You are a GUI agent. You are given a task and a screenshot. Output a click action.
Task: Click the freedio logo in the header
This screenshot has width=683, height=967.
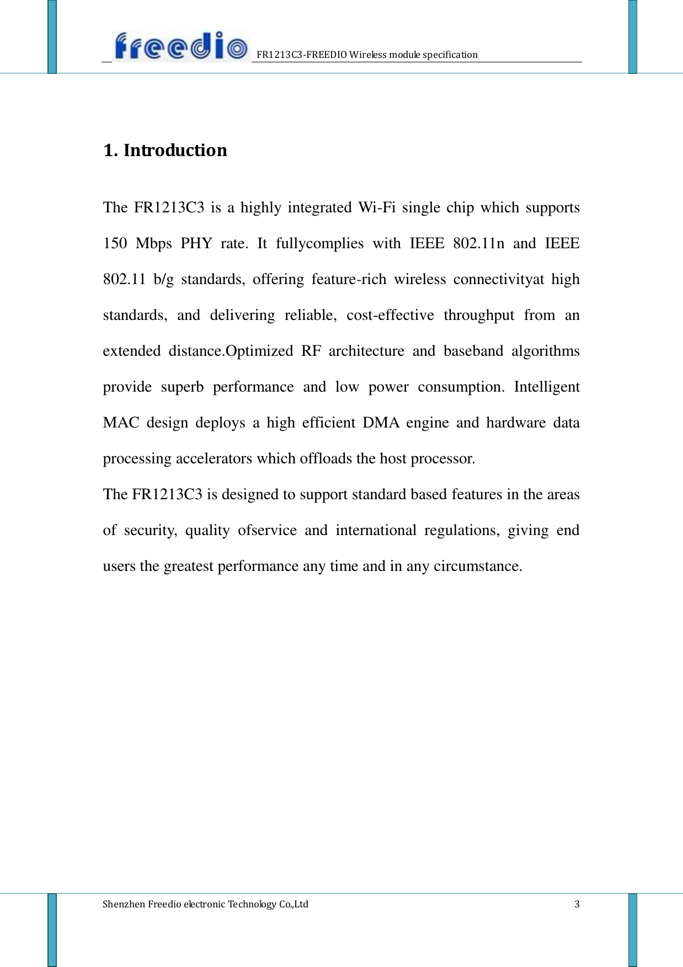point(181,46)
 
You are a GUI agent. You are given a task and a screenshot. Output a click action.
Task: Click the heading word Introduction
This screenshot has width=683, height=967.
point(175,150)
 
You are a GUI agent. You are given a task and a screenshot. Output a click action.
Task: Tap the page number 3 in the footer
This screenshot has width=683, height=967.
point(577,904)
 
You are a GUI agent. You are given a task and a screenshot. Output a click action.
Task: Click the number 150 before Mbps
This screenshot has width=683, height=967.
point(115,244)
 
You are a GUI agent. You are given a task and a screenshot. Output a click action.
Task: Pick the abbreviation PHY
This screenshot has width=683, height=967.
point(196,244)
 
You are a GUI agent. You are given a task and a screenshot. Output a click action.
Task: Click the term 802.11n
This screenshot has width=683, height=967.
point(478,244)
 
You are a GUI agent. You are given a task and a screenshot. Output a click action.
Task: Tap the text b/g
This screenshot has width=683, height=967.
point(163,280)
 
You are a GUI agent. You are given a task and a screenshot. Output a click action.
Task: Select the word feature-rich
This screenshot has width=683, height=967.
point(349,280)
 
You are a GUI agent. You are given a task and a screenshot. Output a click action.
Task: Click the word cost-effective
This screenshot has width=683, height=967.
point(390,316)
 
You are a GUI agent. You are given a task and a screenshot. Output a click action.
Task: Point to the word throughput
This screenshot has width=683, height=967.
point(479,316)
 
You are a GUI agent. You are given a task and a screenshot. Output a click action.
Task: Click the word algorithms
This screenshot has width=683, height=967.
point(545,351)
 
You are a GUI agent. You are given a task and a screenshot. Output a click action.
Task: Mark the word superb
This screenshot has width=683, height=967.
point(182,387)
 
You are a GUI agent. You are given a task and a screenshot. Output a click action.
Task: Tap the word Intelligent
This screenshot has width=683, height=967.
point(547,387)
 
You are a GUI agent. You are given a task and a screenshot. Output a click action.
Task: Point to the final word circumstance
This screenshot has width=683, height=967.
point(478,567)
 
